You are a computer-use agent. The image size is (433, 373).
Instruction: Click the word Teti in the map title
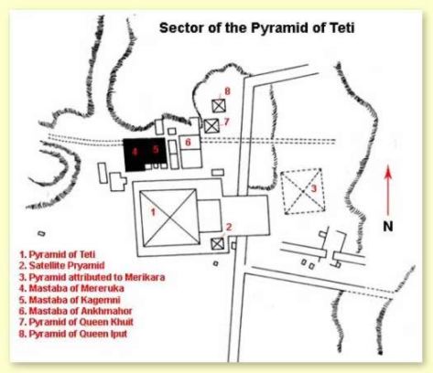(x=341, y=28)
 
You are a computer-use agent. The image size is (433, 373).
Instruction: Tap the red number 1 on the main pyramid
(x=154, y=211)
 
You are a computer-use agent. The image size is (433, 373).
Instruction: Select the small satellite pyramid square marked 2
(x=218, y=244)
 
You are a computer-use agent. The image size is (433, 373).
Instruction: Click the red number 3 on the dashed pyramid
(x=314, y=188)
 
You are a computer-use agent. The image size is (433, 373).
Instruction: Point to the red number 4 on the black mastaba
(x=135, y=152)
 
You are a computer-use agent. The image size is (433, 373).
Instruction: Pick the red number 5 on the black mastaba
(x=156, y=149)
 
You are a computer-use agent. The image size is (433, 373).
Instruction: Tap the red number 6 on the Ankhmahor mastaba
(x=188, y=142)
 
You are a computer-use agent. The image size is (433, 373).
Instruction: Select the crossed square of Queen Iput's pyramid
(x=219, y=106)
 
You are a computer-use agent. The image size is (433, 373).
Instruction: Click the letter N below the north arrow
(x=388, y=227)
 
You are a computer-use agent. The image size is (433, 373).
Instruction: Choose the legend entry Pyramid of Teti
(x=57, y=254)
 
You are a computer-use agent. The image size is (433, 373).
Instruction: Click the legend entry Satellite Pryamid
(x=61, y=265)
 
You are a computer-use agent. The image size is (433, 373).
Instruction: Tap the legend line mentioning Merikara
(x=92, y=277)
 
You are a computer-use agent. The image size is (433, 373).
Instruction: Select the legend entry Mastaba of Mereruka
(x=71, y=288)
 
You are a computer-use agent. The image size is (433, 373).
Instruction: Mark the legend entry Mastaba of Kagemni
(x=70, y=300)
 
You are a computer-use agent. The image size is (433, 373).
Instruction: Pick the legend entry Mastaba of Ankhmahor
(x=75, y=311)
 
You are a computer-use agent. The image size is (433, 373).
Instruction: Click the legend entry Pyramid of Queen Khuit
(x=76, y=322)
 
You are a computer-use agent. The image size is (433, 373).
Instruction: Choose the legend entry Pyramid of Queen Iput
(x=73, y=334)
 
